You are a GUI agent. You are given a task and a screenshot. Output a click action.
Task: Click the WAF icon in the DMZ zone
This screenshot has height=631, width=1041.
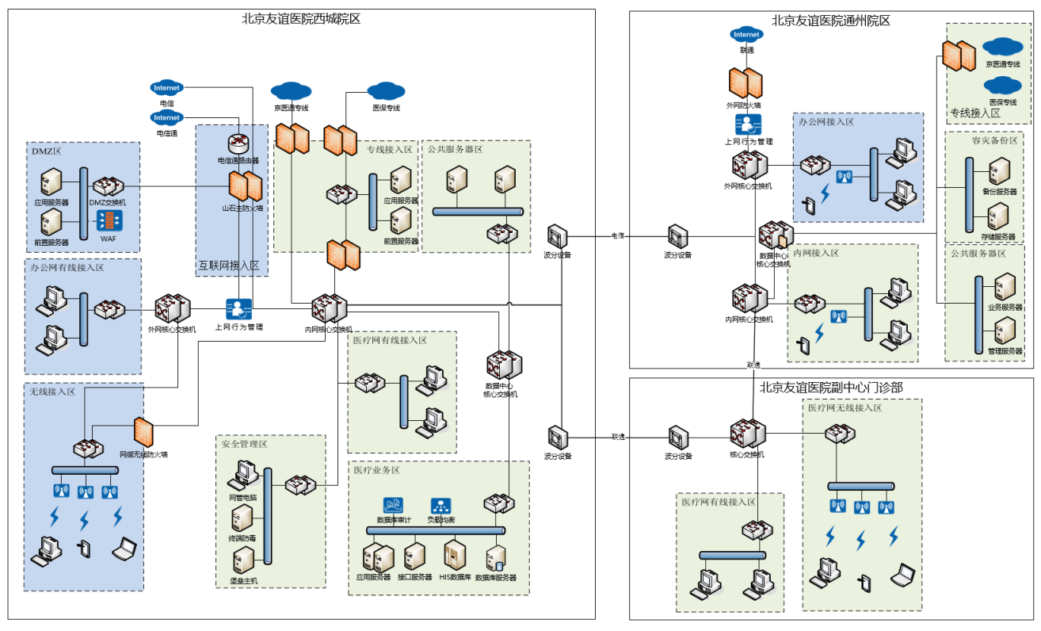[x=108, y=219]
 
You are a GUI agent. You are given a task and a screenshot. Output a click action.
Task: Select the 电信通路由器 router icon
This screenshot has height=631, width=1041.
[x=238, y=143]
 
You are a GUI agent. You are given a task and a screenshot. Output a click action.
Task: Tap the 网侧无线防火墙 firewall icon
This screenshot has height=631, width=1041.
[x=143, y=432]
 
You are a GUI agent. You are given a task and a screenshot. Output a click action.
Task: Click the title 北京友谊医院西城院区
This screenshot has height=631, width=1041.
[x=301, y=18]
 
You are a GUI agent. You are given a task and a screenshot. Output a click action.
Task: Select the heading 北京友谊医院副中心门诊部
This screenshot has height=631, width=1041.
[x=831, y=388]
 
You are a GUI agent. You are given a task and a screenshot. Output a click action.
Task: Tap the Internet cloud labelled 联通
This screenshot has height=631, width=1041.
[x=746, y=35]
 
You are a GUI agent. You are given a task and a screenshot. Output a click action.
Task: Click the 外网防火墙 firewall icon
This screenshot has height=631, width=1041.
[x=745, y=83]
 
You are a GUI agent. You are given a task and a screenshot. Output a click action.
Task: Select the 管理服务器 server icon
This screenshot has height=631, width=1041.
[x=1005, y=331]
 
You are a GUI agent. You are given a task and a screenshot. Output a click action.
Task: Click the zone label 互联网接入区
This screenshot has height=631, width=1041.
[x=229, y=266]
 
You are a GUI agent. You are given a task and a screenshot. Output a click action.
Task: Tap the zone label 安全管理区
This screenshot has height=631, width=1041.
[x=245, y=444]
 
